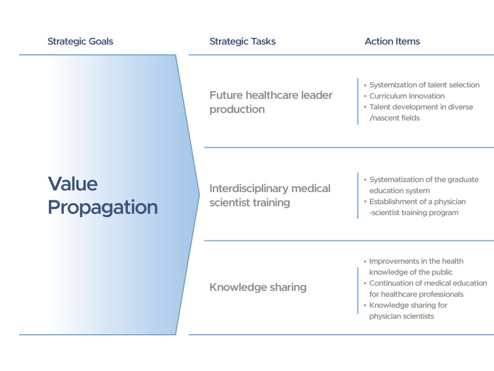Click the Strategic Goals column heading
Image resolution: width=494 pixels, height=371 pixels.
[x=80, y=42]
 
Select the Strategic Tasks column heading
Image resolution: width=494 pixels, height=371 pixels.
[x=243, y=42]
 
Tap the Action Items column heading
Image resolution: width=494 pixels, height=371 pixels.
[x=392, y=41]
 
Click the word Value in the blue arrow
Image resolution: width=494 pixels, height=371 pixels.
[x=73, y=184]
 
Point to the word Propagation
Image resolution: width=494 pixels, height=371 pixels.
[x=103, y=208]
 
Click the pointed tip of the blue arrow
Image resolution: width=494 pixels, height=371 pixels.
[x=199, y=195]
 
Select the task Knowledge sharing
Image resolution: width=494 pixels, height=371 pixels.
[x=258, y=287]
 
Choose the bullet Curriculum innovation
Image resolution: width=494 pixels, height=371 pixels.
[x=407, y=95]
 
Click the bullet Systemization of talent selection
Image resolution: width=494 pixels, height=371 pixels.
[x=424, y=85]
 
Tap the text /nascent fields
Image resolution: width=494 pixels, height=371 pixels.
[x=395, y=118]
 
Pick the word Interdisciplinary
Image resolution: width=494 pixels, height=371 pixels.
[x=249, y=188]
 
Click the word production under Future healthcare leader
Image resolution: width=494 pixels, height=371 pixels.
[x=237, y=110]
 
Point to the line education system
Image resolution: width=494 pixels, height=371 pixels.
[x=400, y=190]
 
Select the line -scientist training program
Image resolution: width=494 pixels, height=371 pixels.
[x=414, y=212]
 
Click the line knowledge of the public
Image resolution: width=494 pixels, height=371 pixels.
[x=411, y=272]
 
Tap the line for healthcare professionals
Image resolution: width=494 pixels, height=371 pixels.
[x=416, y=294]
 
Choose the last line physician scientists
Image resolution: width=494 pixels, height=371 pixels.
[x=402, y=316]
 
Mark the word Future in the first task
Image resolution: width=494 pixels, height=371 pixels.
[x=226, y=95]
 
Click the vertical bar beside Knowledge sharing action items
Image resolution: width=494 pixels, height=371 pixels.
[x=358, y=290]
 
